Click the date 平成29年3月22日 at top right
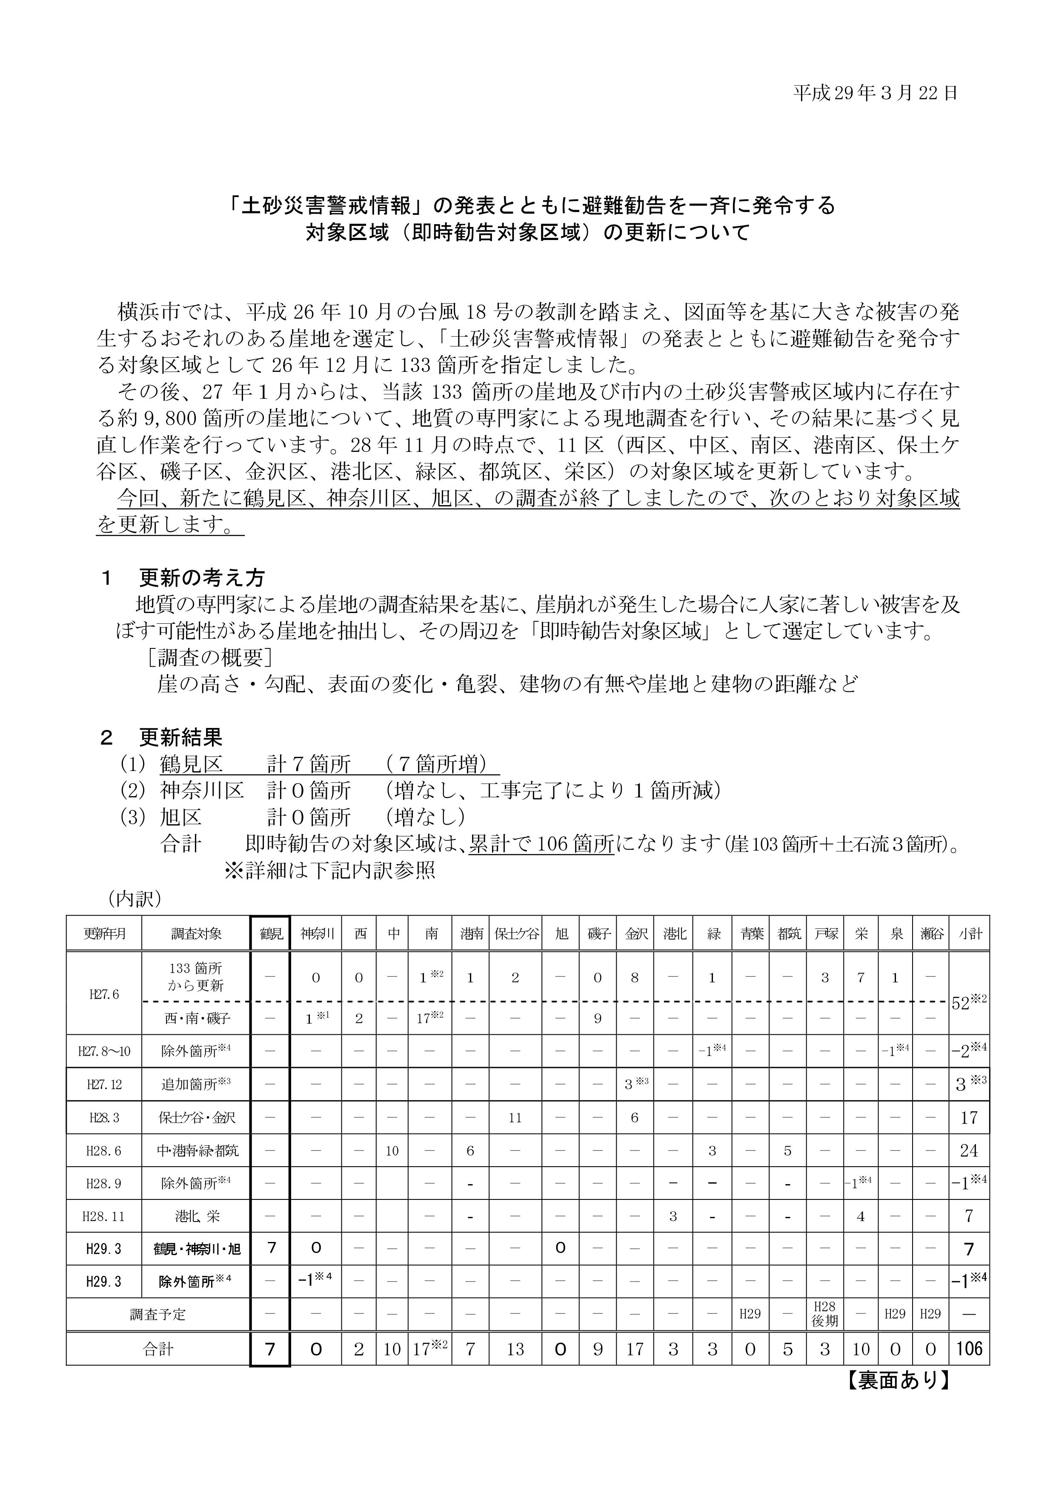pos(875,94)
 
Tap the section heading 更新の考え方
pos(202,577)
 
